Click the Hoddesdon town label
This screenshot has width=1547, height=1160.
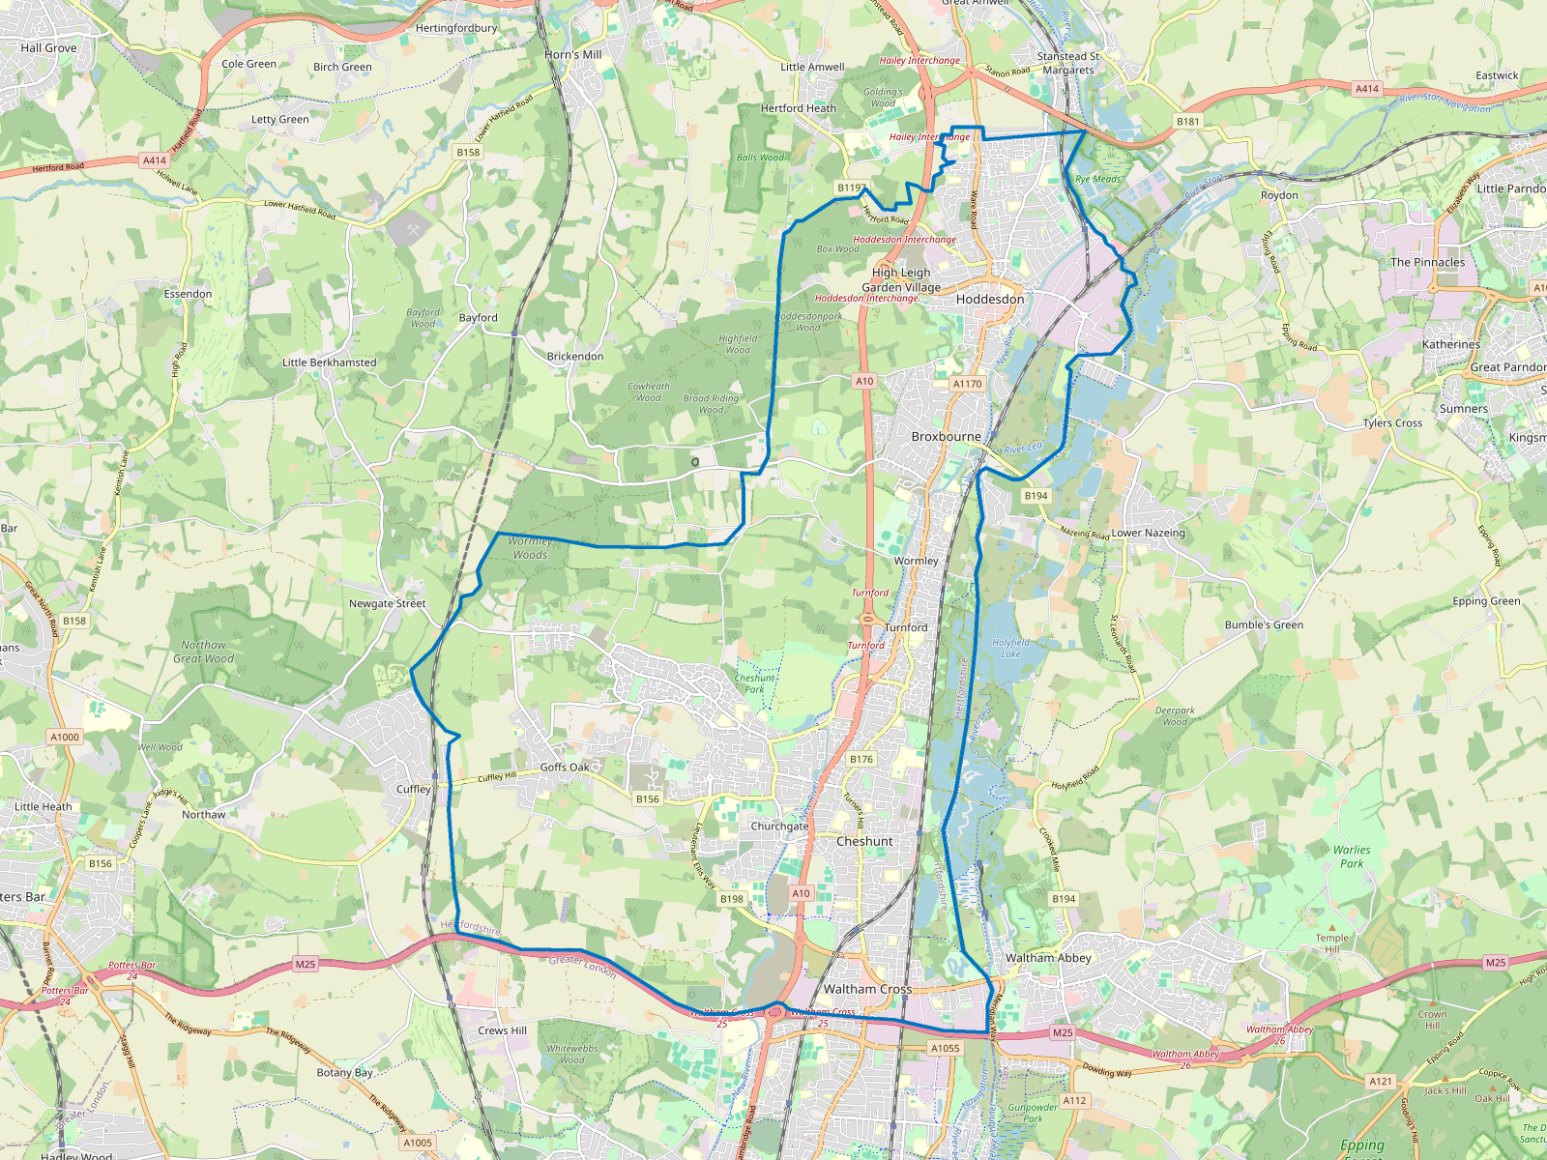click(989, 300)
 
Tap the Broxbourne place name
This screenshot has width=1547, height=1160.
click(946, 437)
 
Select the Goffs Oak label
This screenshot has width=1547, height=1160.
click(565, 768)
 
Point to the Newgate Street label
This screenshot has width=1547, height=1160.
click(387, 604)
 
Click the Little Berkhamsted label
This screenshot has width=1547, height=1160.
click(329, 362)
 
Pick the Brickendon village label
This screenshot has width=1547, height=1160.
click(575, 357)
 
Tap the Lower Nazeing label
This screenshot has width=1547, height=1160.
click(1148, 533)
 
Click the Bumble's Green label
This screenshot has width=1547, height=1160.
click(1264, 625)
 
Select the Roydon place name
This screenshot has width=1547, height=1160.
click(1279, 195)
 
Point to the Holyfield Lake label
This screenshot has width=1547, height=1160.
click(1011, 649)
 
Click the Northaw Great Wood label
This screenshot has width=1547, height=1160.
click(203, 652)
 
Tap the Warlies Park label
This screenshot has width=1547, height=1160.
click(1352, 857)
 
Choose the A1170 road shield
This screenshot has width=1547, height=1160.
click(967, 384)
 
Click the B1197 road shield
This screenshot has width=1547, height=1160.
click(852, 188)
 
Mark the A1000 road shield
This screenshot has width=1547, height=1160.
click(65, 737)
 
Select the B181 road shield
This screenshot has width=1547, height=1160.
click(1187, 122)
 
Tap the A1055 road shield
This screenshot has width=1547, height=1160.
click(945, 1048)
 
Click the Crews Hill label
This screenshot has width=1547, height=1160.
click(502, 1030)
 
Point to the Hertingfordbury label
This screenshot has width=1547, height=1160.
click(455, 28)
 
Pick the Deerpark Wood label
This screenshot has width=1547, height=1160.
click(1175, 716)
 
